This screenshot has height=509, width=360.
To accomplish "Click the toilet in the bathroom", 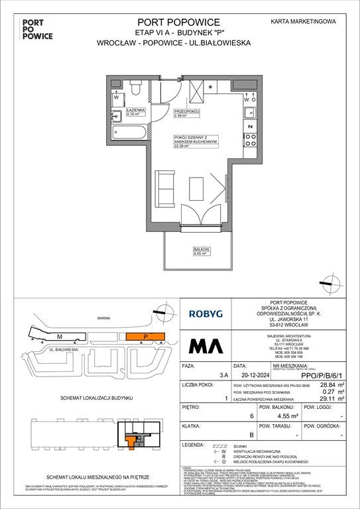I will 135,87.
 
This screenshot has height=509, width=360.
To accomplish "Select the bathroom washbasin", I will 117,99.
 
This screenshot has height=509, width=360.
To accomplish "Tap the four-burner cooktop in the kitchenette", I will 251,139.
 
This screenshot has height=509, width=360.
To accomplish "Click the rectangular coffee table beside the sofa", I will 197,187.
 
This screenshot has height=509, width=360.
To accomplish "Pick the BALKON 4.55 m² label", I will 184,251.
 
